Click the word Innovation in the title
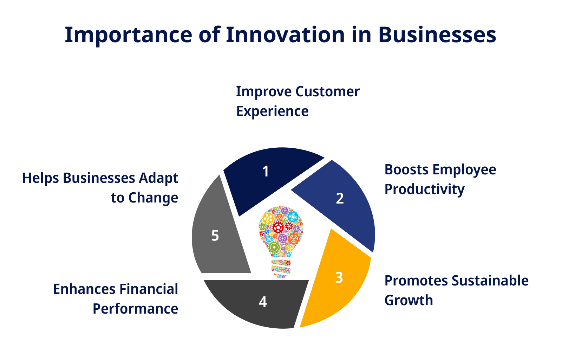tap(286, 35)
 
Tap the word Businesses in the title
tap(437, 35)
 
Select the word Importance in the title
tap(129, 36)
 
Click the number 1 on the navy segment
tap(266, 172)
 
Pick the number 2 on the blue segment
tap(340, 198)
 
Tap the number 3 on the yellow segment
tap(339, 278)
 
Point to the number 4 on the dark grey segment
tap(263, 302)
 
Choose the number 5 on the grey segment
tap(215, 236)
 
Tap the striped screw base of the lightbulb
tap(281, 269)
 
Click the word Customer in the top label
tap(328, 92)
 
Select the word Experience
tap(273, 112)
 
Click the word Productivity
tap(425, 190)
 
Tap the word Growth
tap(409, 300)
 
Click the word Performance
tap(136, 309)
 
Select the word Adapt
tap(158, 179)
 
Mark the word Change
tap(153, 198)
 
